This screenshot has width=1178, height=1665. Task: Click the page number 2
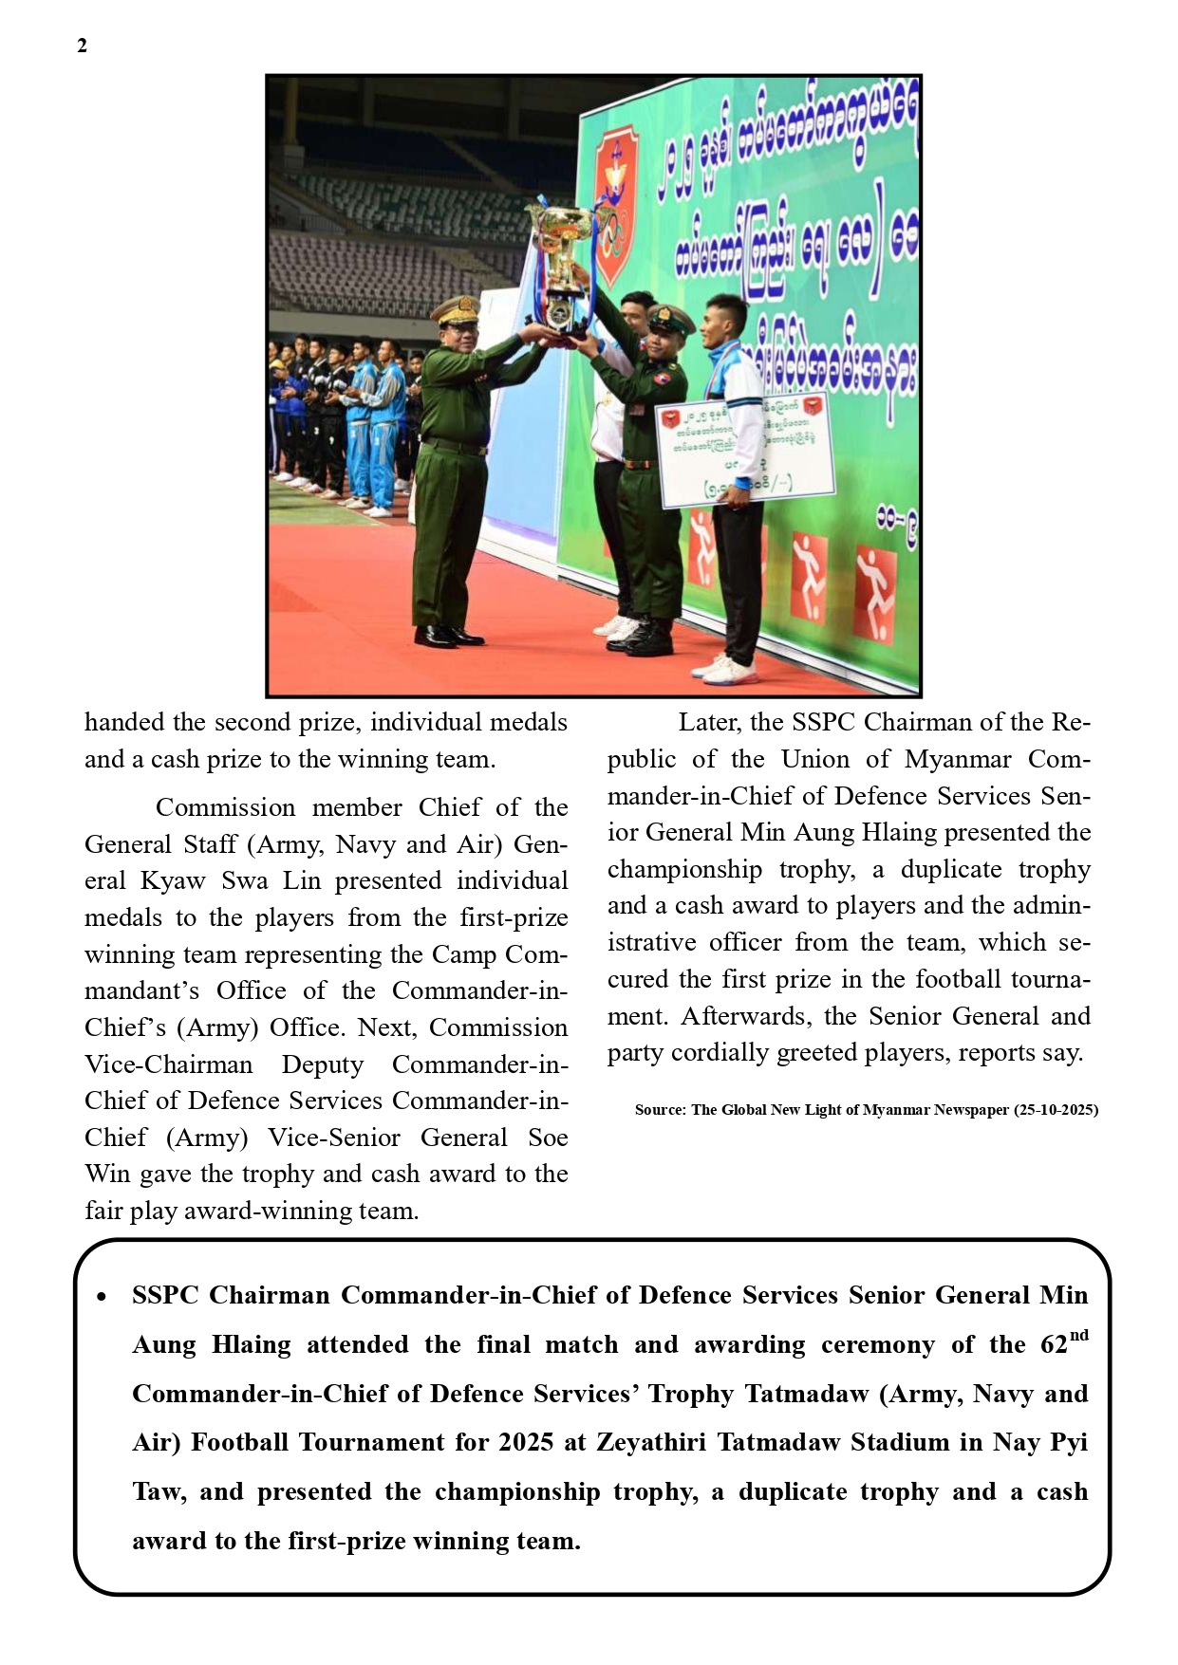[x=83, y=46]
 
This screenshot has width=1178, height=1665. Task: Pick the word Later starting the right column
[x=709, y=723]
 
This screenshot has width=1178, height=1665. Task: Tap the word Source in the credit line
[x=659, y=1110]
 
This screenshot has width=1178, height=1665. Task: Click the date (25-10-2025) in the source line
[x=1056, y=1110]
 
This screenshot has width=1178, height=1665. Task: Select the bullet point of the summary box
[x=102, y=1297]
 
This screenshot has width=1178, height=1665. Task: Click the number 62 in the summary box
[x=1054, y=1345]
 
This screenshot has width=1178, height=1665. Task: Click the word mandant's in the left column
[x=141, y=991]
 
